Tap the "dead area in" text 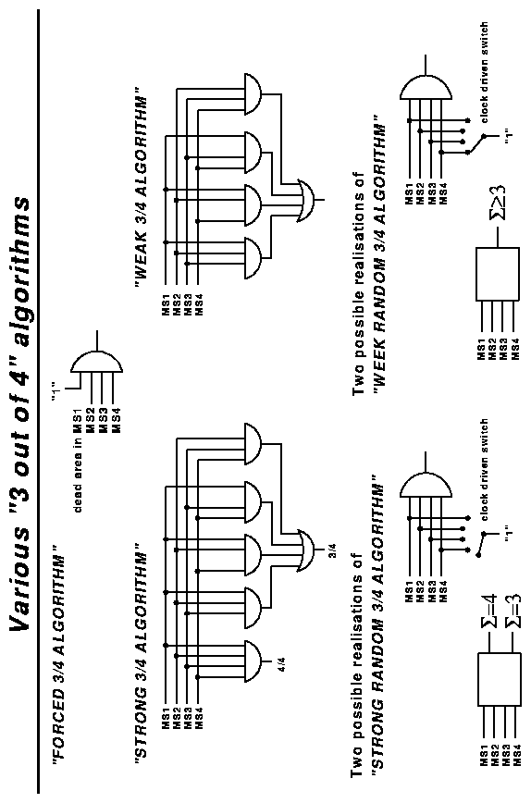pyautogui.click(x=79, y=476)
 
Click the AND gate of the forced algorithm pyautogui.click(x=96, y=364)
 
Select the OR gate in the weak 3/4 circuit pyautogui.click(x=307, y=200)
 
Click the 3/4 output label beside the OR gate pyautogui.click(x=331, y=551)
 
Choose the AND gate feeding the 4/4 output pyautogui.click(x=253, y=661)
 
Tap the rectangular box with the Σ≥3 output pyautogui.click(x=498, y=274)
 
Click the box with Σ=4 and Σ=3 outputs pyautogui.click(x=500, y=678)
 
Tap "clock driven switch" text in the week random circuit pyautogui.click(x=484, y=72)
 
